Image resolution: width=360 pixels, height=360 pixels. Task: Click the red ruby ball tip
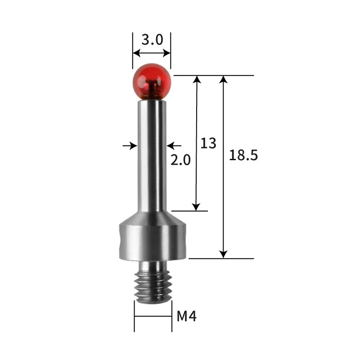point(152,82)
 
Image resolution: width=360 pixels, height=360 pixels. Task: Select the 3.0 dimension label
point(152,40)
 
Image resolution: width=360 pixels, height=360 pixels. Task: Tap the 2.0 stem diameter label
point(180,160)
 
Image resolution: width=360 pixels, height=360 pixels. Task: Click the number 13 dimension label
point(208,143)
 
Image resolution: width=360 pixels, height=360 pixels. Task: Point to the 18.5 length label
point(243,155)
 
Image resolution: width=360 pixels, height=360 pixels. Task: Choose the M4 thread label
point(186,316)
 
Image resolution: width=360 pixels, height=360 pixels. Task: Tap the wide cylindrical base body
point(153,242)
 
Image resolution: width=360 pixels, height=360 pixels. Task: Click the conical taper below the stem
point(152,218)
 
